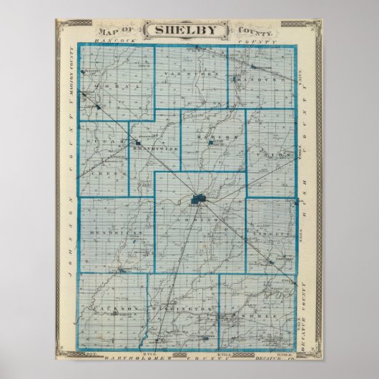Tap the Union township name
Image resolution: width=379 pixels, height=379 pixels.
281,152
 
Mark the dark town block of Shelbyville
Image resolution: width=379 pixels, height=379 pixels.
199,198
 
